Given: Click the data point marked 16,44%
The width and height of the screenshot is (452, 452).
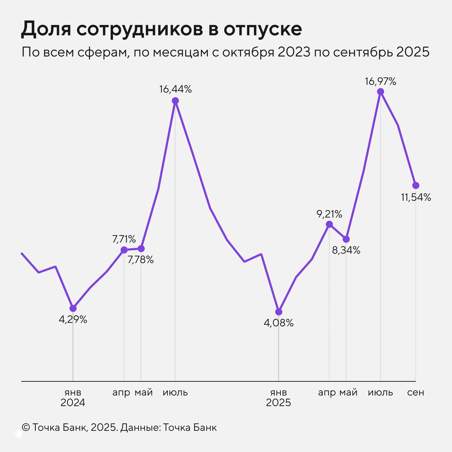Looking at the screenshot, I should click(x=175, y=101).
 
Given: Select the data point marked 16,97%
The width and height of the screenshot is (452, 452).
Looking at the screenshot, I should click(x=381, y=92).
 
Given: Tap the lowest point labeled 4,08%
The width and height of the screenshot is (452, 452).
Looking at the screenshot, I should click(x=279, y=312).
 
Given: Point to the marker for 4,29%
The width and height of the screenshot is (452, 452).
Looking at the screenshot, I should click(x=73, y=308).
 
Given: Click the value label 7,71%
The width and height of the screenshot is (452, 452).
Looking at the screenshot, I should click(x=124, y=239).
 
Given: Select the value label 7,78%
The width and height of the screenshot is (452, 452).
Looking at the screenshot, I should click(x=141, y=260).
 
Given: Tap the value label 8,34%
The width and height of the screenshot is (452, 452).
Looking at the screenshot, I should click(x=346, y=250).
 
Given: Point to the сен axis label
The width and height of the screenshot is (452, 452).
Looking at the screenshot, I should click(x=416, y=392).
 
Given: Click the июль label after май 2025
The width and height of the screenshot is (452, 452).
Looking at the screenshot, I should click(x=380, y=392).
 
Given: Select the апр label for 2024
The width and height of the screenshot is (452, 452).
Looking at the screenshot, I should click(x=121, y=392).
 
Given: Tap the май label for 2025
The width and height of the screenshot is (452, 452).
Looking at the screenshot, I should click(x=348, y=392).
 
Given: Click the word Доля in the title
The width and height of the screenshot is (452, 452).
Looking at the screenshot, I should click(x=46, y=29).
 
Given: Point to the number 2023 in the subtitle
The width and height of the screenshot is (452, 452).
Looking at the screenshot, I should click(x=294, y=52).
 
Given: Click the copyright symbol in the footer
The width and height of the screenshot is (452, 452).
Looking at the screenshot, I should click(x=26, y=427).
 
